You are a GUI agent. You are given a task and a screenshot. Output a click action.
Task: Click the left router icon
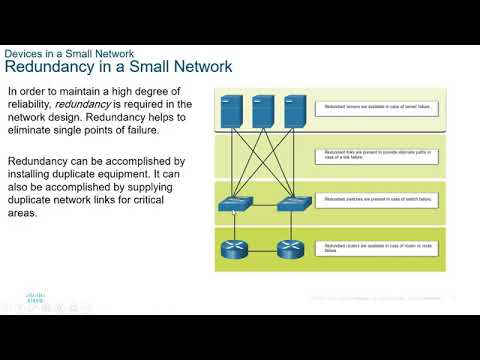coord(233,247)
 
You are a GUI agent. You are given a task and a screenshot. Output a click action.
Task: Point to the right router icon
coord(289,247)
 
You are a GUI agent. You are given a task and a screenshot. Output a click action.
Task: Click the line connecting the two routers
coord(261,247)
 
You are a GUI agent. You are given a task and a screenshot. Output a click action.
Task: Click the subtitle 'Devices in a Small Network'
coord(69,53)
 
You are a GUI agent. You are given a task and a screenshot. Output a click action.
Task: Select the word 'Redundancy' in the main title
coord(53,67)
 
